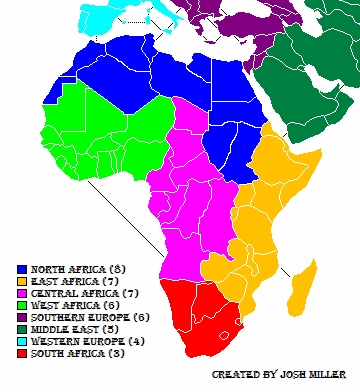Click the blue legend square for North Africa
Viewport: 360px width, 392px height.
22,270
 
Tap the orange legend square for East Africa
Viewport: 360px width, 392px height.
22,282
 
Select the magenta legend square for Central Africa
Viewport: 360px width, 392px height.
22,294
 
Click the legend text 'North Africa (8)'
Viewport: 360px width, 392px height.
76,270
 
